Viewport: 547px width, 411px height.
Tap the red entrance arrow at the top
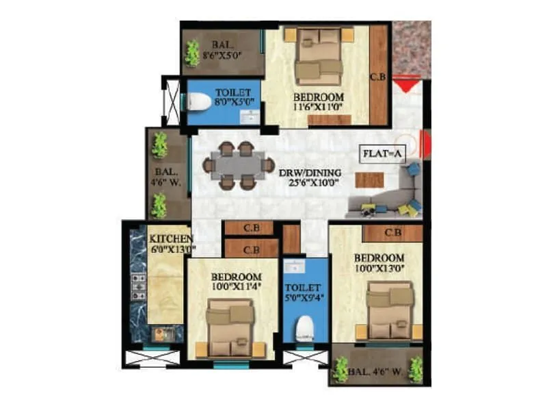tap(405, 85)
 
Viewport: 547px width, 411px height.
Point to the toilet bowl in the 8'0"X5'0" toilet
tap(199, 102)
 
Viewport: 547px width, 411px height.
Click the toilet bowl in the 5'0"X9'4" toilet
tap(305, 328)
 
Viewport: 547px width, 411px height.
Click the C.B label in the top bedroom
tap(378, 78)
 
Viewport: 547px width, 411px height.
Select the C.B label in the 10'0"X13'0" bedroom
tap(392, 233)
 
